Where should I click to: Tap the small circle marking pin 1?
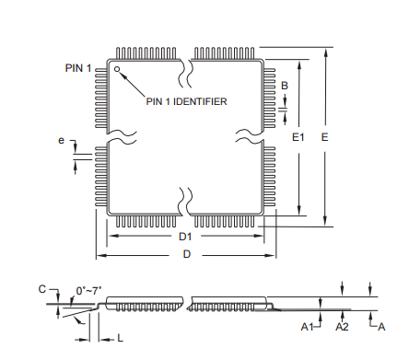pos(117,68)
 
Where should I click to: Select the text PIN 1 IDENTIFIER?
pos(186,101)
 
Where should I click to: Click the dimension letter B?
pos(285,86)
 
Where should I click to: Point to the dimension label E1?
pos(298,137)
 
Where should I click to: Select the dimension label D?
pos(186,254)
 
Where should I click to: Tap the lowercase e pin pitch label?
pos(62,142)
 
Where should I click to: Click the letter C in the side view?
pos(41,289)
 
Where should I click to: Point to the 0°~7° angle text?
pos(88,292)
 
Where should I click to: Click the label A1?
pos(308,327)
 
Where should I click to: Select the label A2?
pos(342,327)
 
